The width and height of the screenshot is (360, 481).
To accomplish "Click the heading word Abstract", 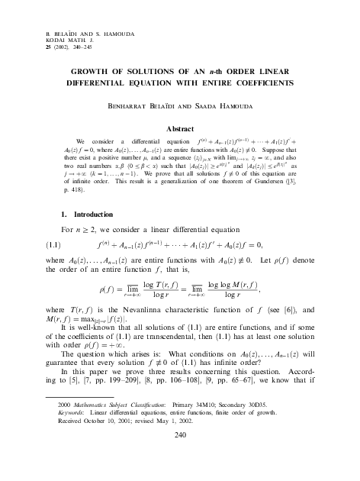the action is [x=180, y=130].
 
